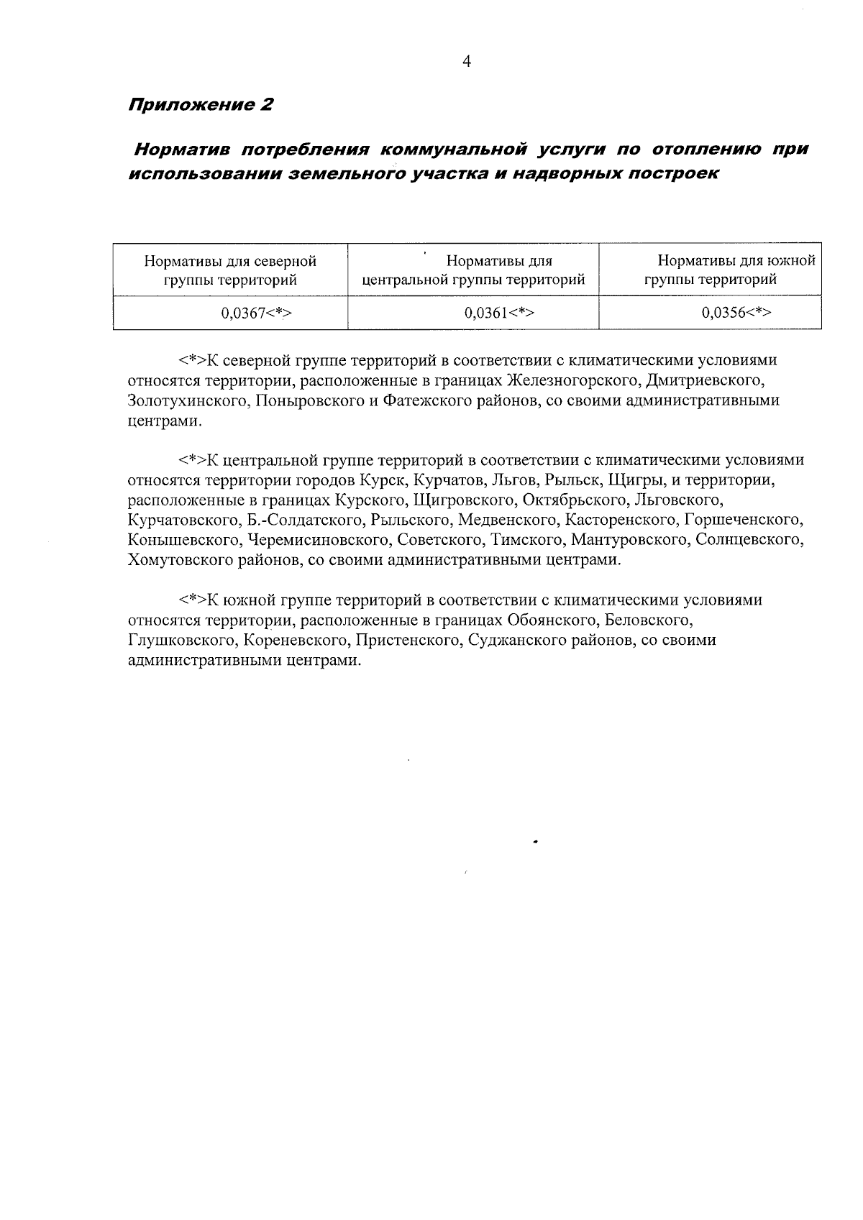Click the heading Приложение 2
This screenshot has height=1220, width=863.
coord(201,105)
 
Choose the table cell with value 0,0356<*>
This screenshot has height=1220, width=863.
coord(736,313)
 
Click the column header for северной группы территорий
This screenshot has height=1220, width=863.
coord(230,270)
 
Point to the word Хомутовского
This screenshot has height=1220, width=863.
coord(180,560)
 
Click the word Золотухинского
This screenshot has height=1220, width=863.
coord(184,400)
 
